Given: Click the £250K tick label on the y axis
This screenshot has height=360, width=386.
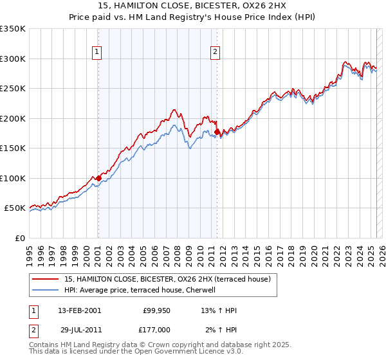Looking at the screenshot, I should point(13,89).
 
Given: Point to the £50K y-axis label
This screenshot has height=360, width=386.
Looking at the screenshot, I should point(15,208).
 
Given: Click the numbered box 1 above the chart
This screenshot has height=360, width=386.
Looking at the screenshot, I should point(96,52).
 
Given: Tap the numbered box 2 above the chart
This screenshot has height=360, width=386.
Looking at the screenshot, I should point(215,52).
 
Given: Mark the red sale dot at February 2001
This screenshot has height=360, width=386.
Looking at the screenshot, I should point(98,178).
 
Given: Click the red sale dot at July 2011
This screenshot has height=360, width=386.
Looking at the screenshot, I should point(217,132).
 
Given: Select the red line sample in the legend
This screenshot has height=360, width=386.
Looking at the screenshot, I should point(46,279).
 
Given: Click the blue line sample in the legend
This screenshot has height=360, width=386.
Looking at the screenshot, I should point(46,290).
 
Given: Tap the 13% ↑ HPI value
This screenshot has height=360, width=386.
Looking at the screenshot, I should point(219,311).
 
